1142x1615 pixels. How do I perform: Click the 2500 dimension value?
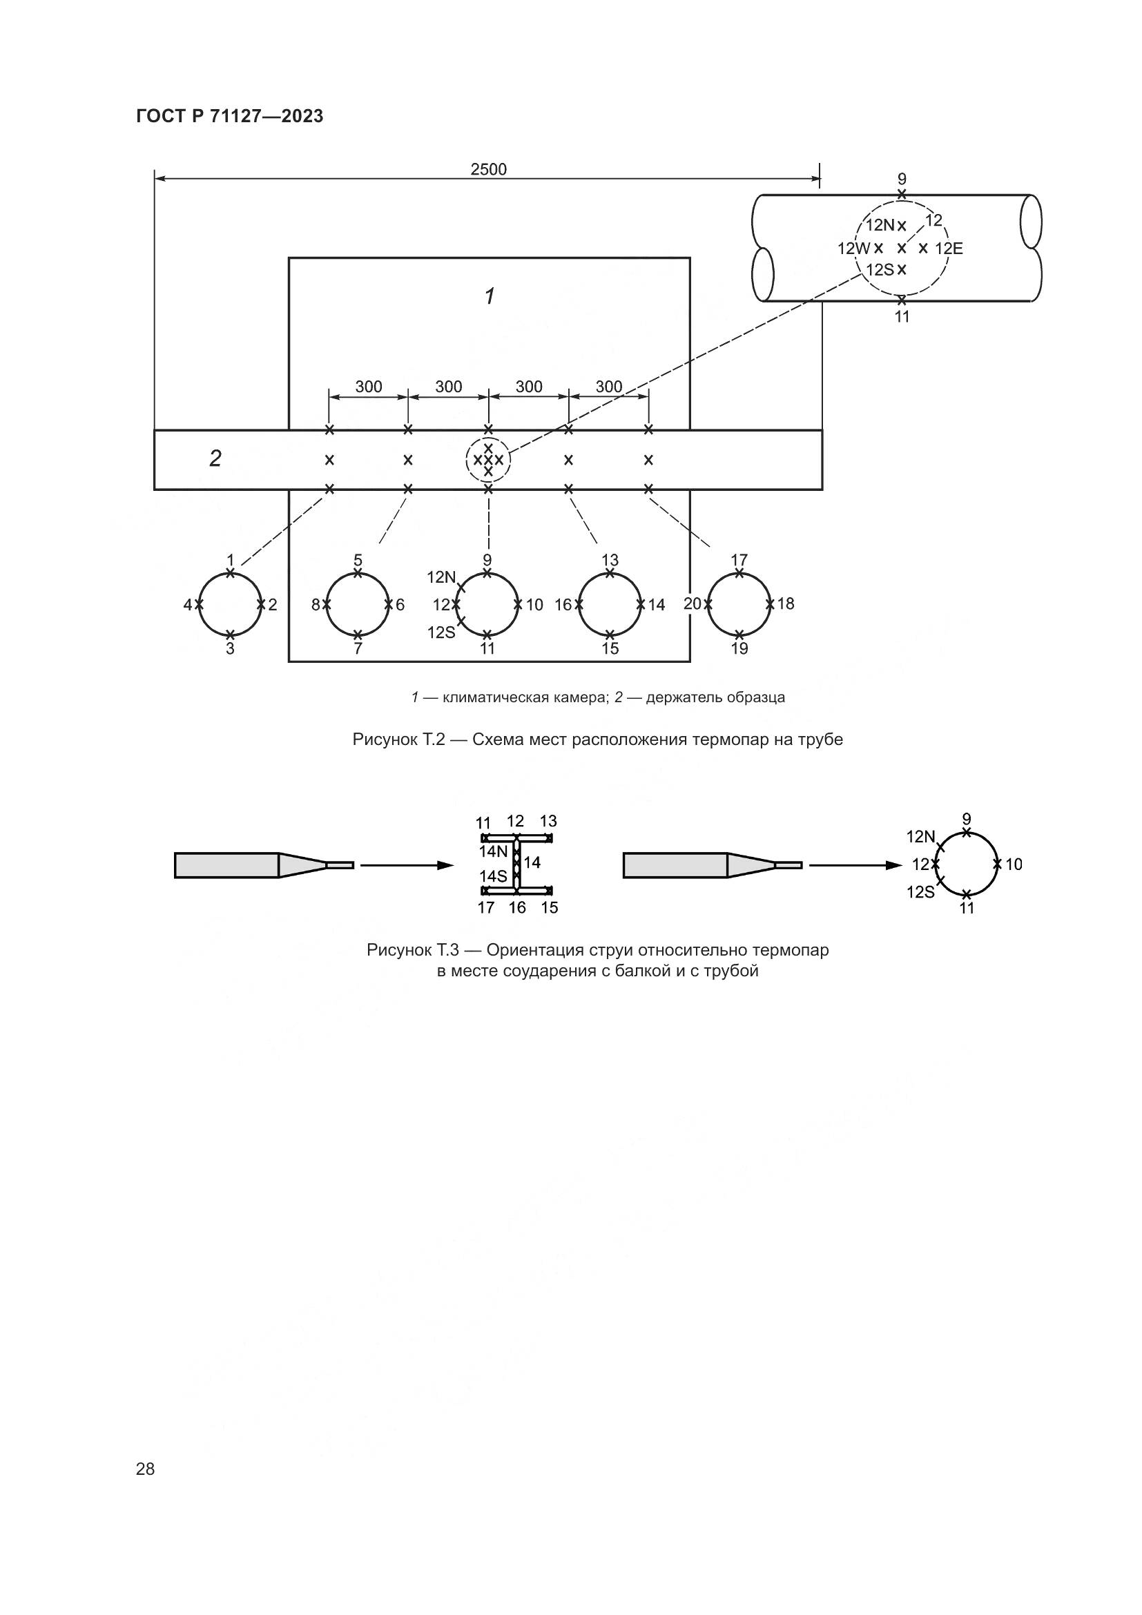pos(488,170)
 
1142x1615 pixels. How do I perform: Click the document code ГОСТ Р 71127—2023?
pos(229,117)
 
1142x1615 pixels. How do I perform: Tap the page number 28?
pos(145,1469)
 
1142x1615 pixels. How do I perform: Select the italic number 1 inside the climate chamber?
pos(490,296)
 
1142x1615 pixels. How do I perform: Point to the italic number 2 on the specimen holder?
pos(215,458)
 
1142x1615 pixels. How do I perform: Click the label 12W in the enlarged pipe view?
pos(853,249)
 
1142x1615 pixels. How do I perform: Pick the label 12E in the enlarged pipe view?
pos(949,249)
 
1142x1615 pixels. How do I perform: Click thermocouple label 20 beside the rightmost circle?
pos(692,603)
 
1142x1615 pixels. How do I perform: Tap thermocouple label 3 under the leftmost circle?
pos(230,648)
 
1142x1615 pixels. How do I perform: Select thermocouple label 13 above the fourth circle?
pos(610,560)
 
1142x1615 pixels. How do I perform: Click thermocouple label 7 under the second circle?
pos(358,648)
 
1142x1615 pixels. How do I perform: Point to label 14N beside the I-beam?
pos(493,851)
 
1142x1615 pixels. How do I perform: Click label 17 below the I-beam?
pos(486,907)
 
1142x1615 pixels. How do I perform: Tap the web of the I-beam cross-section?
pos(517,865)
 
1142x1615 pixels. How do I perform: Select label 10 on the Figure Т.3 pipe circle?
pos(1014,864)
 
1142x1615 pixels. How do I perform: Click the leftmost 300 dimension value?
pos(369,387)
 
